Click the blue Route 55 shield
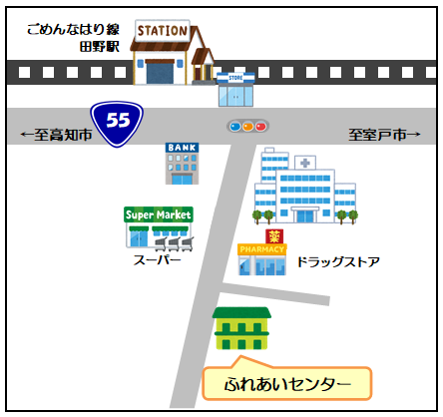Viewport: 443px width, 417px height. click(117, 124)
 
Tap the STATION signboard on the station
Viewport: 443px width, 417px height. click(163, 31)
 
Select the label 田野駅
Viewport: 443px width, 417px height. click(100, 47)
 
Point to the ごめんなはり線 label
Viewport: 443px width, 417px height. click(73, 29)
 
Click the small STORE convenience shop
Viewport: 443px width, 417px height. click(235, 90)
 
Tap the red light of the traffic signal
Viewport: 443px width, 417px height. click(261, 127)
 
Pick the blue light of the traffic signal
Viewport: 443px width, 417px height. click(235, 127)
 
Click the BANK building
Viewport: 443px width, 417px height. click(182, 164)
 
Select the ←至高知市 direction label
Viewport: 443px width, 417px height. click(56, 135)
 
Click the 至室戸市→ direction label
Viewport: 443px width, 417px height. click(384, 135)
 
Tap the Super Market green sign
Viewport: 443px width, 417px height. click(159, 214)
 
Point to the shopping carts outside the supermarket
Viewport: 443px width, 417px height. click(174, 243)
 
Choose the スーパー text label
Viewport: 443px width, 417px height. click(157, 260)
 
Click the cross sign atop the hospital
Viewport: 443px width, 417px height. click(305, 163)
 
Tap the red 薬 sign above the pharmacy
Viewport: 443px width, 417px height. click(274, 236)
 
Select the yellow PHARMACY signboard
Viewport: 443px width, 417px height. click(262, 249)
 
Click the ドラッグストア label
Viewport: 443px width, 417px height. click(338, 262)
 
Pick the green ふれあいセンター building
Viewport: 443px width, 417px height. click(241, 328)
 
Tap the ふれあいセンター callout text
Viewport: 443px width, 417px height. click(287, 384)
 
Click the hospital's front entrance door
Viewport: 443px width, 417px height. click(305, 215)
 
